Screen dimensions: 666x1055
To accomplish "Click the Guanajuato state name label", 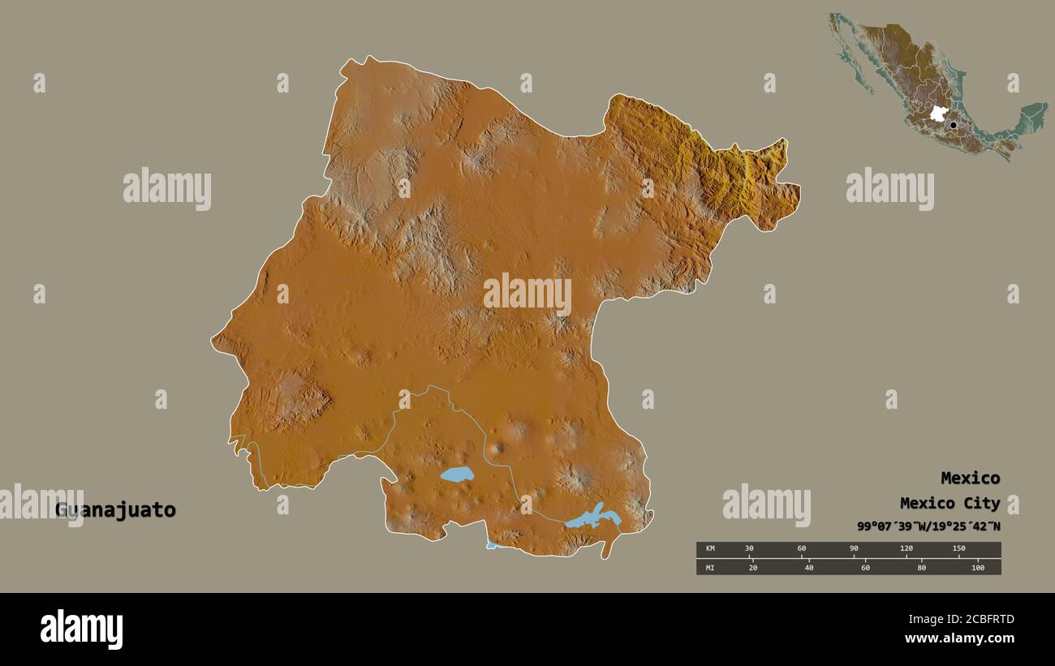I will (115, 510).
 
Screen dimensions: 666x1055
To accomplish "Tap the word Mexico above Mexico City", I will (970, 478).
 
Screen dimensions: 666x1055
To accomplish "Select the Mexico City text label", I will (949, 503).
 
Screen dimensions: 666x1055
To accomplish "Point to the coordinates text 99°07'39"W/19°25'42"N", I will (928, 526).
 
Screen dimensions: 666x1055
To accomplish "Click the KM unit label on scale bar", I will (710, 549).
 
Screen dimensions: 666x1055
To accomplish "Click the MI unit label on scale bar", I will (710, 567).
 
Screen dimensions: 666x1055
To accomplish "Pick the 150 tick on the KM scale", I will (958, 549).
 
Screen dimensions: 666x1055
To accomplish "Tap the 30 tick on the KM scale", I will (750, 549).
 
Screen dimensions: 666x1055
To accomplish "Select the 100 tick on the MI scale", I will (977, 567).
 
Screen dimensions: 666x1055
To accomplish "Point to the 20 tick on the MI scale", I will (752, 567).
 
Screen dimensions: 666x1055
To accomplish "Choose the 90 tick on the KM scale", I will (854, 549).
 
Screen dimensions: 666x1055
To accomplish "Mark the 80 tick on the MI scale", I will (921, 567).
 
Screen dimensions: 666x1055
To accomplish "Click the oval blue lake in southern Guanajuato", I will (457, 475).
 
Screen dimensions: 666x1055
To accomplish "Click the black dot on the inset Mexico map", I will (953, 125).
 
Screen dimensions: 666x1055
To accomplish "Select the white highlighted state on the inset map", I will (938, 114).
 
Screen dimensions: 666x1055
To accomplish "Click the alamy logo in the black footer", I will (81, 629).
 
